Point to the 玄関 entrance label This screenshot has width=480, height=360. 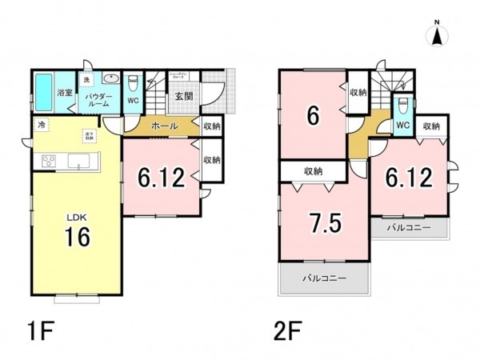click(x=183, y=97)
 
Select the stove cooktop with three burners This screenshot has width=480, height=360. click(x=47, y=162)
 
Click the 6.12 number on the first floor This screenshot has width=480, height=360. click(x=161, y=177)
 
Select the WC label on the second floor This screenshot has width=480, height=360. click(x=403, y=126)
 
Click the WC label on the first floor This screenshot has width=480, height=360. click(x=133, y=101)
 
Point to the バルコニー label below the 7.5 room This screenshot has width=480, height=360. click(x=324, y=280)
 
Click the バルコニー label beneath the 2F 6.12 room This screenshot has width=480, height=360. click(x=409, y=228)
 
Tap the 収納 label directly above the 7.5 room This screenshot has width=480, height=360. click(x=313, y=170)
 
